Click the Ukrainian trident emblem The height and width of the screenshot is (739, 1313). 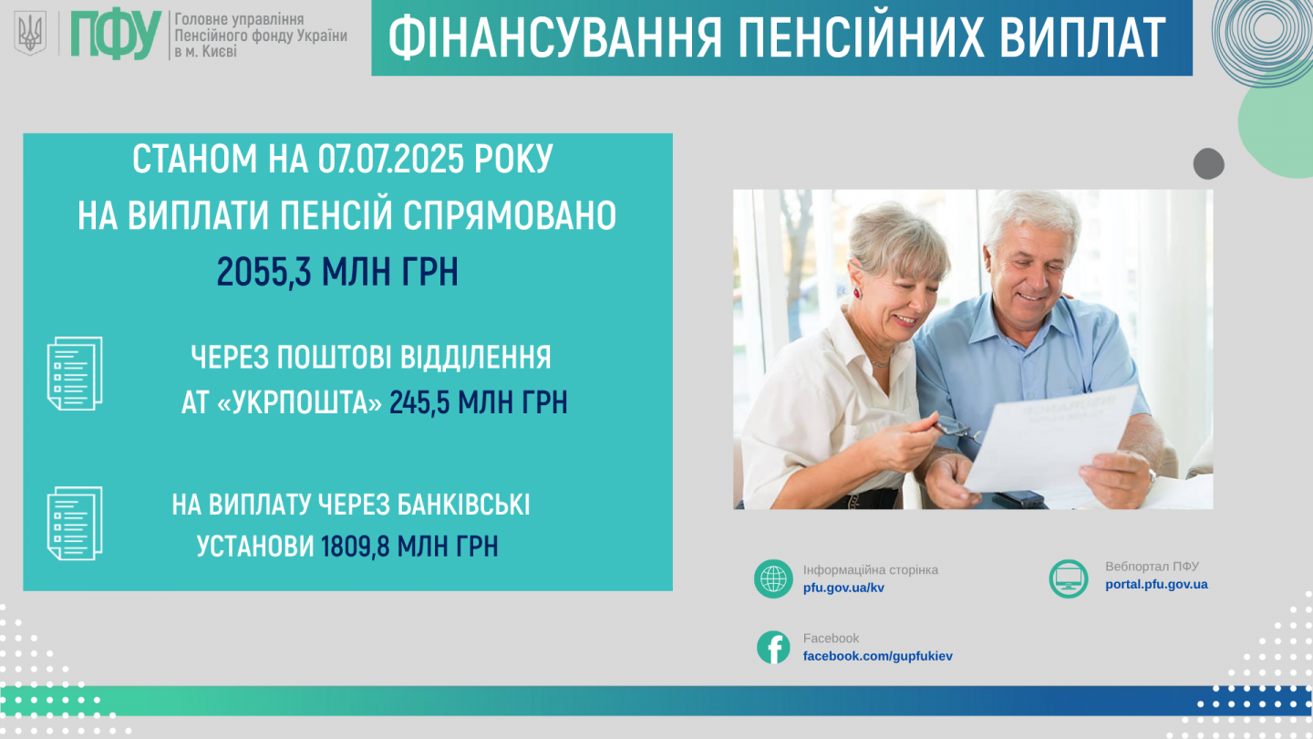click(x=30, y=34)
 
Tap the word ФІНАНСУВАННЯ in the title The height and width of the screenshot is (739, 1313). click(x=554, y=37)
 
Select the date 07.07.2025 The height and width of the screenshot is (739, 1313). click(x=391, y=159)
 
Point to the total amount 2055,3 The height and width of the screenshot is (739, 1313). click(x=264, y=272)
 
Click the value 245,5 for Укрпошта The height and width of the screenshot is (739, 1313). click(x=419, y=403)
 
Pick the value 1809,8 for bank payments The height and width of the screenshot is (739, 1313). click(x=356, y=546)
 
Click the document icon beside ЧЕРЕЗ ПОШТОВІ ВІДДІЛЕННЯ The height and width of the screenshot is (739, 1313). click(x=75, y=374)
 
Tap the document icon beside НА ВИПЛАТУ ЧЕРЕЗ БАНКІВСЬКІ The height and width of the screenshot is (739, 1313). click(x=75, y=523)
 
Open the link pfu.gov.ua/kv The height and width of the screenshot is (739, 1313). click(x=843, y=588)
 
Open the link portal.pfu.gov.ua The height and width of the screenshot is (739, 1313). click(x=1156, y=584)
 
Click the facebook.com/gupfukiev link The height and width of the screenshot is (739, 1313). click(x=877, y=656)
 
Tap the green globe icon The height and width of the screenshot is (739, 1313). click(x=773, y=578)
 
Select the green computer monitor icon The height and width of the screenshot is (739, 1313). click(x=1068, y=578)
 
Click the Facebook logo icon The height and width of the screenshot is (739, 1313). click(x=773, y=648)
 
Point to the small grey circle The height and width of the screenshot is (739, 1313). click(x=1209, y=163)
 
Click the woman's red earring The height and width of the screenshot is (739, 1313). click(x=857, y=292)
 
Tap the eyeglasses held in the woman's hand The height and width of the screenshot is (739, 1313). click(x=957, y=428)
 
